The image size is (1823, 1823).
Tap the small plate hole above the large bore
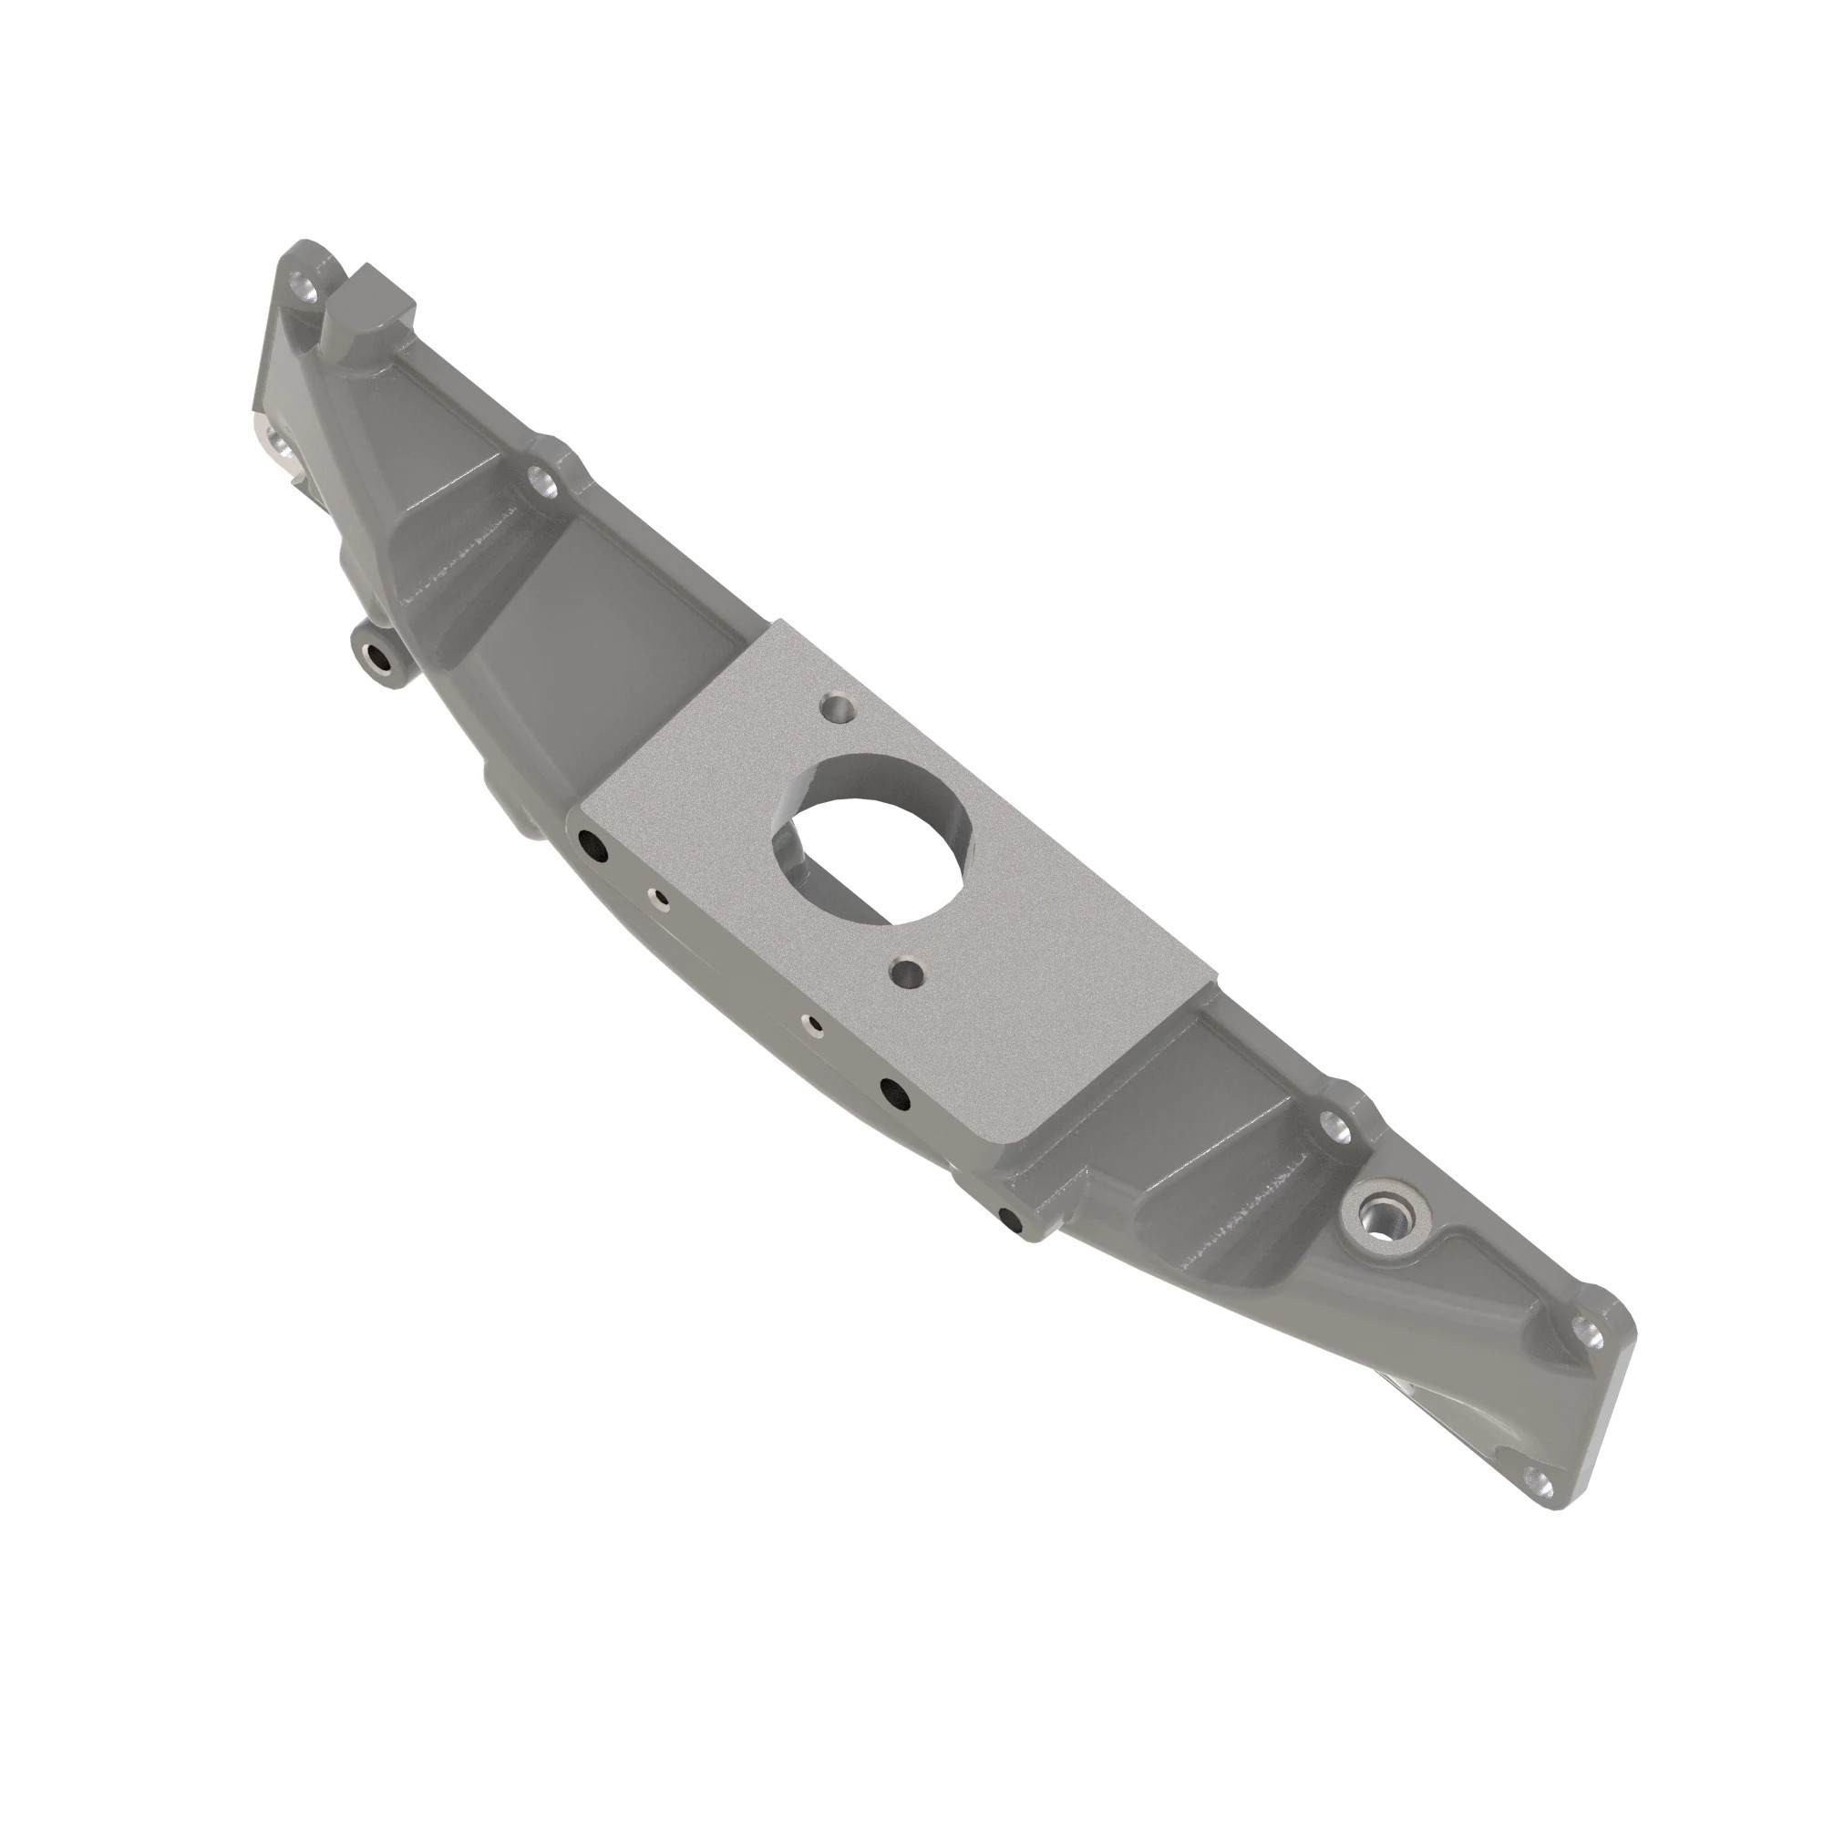tap(836, 706)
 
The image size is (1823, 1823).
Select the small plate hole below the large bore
tap(907, 970)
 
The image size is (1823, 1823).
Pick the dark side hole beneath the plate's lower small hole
tap(892, 1094)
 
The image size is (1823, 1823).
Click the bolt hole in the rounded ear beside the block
tap(304, 284)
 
